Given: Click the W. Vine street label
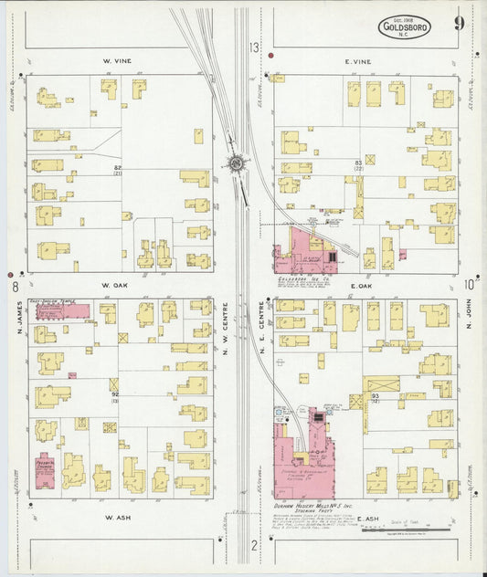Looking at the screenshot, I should pos(117,61).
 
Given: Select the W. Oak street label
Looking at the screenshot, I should pos(117,285).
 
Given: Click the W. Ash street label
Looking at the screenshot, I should pos(119,517).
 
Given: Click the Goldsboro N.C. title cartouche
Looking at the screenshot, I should pos(405,28).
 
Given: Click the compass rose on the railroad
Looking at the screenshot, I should pos(236,163).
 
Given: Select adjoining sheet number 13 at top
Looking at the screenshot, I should pos(254,47).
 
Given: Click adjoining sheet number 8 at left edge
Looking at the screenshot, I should pos(16,286).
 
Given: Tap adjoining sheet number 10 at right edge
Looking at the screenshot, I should pos(469,284).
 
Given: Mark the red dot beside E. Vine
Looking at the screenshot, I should pos(271,57).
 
